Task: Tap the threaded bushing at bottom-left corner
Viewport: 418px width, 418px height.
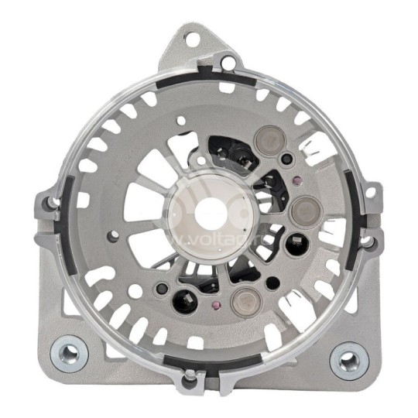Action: pyautogui.click(x=69, y=355)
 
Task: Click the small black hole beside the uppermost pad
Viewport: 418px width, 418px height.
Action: pyautogui.click(x=287, y=159)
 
